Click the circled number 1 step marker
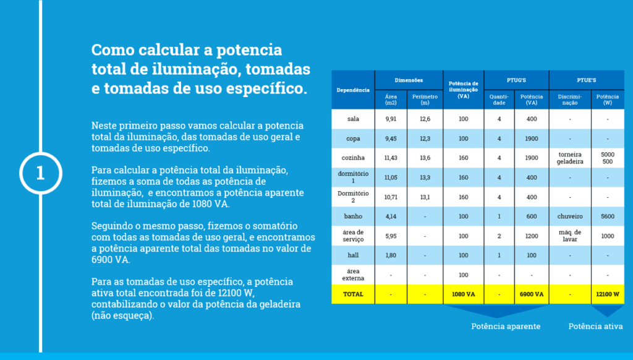pyautogui.click(x=40, y=173)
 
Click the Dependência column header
pyautogui.click(x=353, y=90)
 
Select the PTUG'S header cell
pyautogui.click(x=516, y=80)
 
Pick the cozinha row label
pyautogui.click(x=353, y=158)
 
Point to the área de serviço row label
pyautogui.click(x=353, y=236)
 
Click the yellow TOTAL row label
pyautogui.click(x=353, y=294)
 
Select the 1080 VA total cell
pyautogui.click(x=464, y=294)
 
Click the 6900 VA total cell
pyautogui.click(x=532, y=294)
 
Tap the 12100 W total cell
pyautogui.click(x=608, y=294)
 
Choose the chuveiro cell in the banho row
pyautogui.click(x=570, y=216)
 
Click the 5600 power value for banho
pyautogui.click(x=608, y=216)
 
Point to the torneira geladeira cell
pyautogui.click(x=570, y=158)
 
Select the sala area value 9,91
pyautogui.click(x=391, y=119)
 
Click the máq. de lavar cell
pyautogui.click(x=570, y=236)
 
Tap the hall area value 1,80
pyautogui.click(x=391, y=255)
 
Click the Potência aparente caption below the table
pyautogui.click(x=506, y=326)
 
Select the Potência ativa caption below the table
pyautogui.click(x=595, y=326)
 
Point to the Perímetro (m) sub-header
pyautogui.click(x=425, y=99)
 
